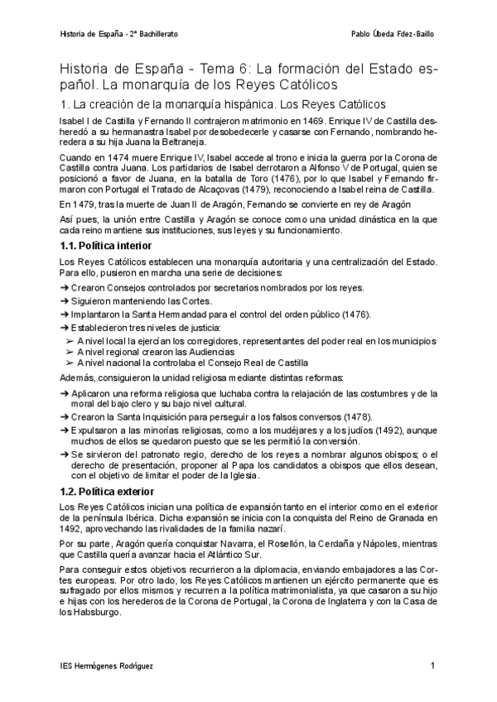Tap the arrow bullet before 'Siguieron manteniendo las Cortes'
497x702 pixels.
tap(65, 301)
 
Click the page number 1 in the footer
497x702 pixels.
tap(432, 666)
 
